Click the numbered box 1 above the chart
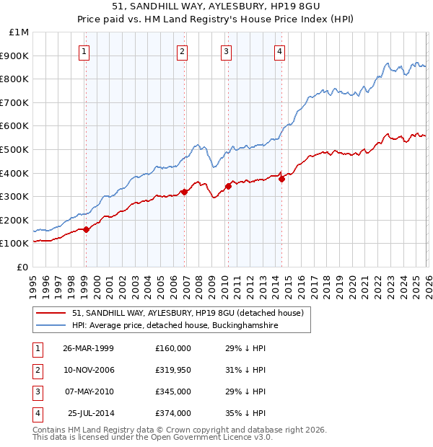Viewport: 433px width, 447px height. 84,51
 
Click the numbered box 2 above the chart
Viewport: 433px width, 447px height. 182,51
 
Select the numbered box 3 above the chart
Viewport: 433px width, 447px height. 226,51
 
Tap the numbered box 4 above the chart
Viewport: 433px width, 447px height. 279,51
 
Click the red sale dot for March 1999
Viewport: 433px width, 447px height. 87,229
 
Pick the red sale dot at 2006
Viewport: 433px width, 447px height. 184,192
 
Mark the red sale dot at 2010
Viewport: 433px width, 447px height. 228,186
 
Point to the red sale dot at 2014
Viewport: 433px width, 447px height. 281,180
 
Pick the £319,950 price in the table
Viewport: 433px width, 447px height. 172,370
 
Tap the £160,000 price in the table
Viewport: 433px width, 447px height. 172,348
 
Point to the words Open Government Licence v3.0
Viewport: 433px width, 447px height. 210,437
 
